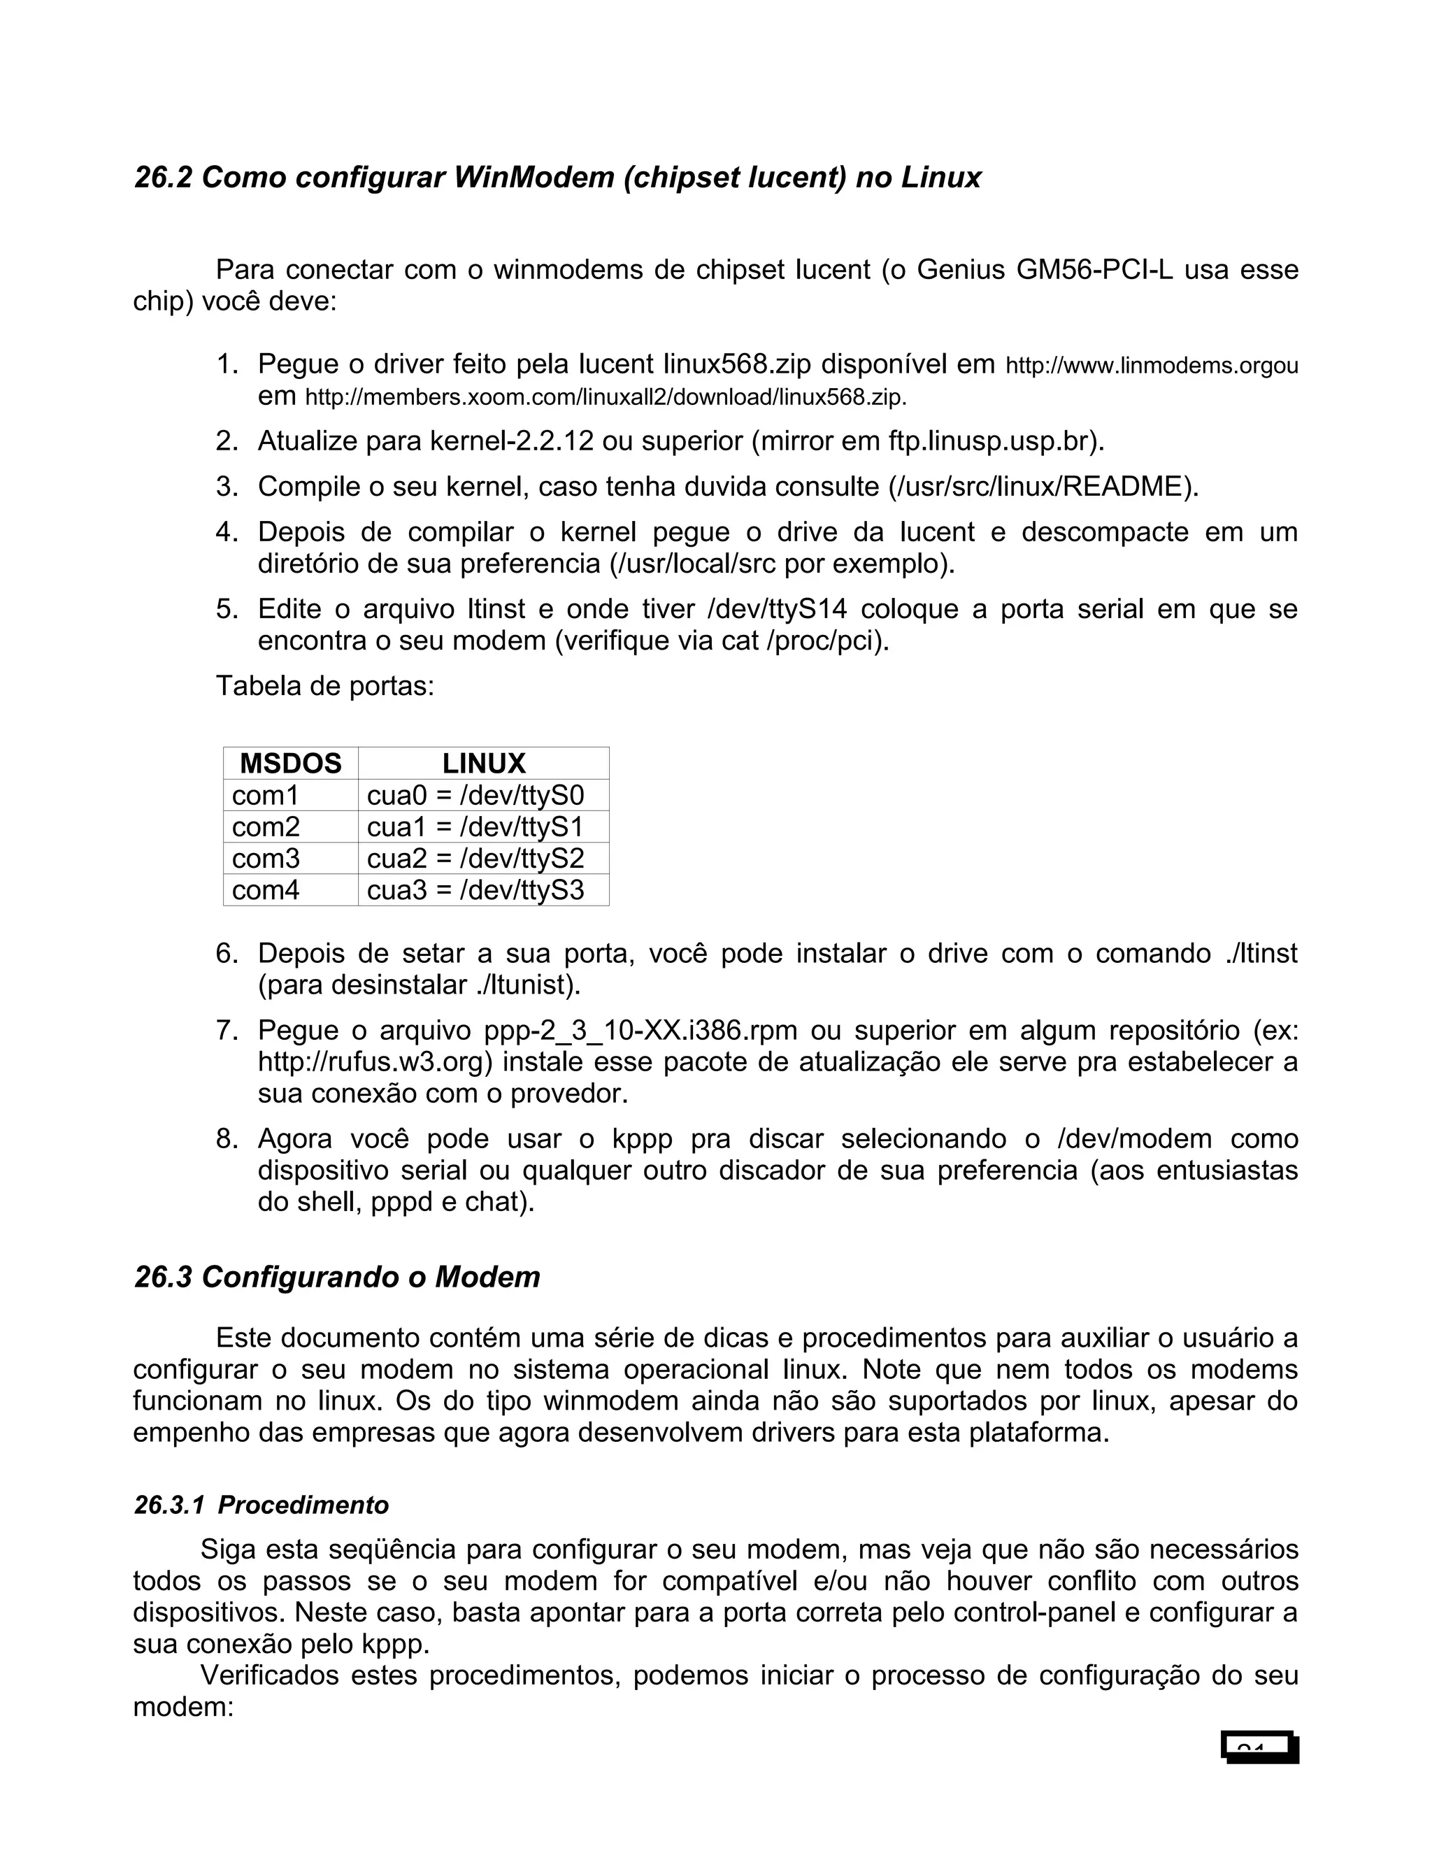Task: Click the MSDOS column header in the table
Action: (290, 764)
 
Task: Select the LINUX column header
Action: (484, 764)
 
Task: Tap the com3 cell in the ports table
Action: (266, 858)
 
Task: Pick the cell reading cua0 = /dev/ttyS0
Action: (475, 795)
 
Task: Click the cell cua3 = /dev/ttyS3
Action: (475, 890)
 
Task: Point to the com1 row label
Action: (266, 795)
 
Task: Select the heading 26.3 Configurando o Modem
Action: (337, 1276)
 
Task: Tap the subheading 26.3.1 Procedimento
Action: (262, 1504)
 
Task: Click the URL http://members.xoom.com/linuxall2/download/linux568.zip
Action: (605, 397)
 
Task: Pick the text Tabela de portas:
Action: (325, 685)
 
